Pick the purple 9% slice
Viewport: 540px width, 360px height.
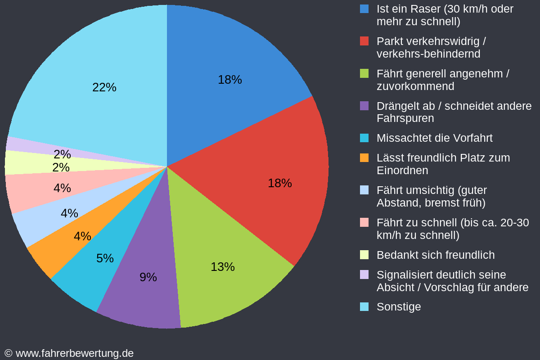[144, 297]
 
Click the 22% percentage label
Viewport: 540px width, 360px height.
[104, 87]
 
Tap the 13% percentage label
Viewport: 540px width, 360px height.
[223, 267]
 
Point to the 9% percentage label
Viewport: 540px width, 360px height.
[148, 277]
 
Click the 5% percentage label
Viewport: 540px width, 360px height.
[105, 258]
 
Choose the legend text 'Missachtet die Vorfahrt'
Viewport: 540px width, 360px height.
[434, 138]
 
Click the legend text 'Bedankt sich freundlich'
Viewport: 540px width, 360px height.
[435, 255]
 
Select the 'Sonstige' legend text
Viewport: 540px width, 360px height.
[399, 307]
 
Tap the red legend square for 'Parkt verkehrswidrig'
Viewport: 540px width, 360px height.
[364, 41]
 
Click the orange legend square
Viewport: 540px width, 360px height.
[364, 158]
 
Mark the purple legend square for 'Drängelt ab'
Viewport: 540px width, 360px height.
[364, 106]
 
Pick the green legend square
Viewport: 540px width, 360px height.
[364, 74]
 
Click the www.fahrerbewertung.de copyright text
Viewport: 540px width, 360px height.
[69, 353]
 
